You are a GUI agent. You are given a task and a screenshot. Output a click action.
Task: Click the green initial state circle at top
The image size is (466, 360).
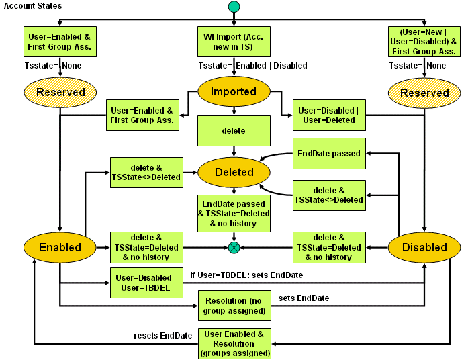[x=234, y=7]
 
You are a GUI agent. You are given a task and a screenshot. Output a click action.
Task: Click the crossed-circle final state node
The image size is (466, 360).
[x=234, y=248]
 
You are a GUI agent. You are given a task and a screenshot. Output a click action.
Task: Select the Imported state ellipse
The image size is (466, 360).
[x=234, y=92]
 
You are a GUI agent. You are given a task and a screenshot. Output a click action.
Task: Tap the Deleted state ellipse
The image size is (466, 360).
[x=234, y=173]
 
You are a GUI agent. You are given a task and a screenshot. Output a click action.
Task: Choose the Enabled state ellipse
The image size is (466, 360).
[x=60, y=247]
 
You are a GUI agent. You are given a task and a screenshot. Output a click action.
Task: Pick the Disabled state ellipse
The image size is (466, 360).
[x=424, y=247]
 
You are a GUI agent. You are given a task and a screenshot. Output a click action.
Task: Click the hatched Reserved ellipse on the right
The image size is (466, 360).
[x=424, y=93]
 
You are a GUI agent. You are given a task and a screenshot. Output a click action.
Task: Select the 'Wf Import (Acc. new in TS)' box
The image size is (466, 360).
[x=234, y=42]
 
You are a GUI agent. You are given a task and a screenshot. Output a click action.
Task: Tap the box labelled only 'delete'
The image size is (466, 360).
[x=234, y=130]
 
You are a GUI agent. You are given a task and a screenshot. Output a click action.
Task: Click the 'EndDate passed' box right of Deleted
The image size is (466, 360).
[x=329, y=154]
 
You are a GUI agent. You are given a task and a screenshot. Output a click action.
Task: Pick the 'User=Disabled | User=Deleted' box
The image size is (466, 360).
[x=329, y=115]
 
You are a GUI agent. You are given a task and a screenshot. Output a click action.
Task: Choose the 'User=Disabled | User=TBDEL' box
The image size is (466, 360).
[x=146, y=283]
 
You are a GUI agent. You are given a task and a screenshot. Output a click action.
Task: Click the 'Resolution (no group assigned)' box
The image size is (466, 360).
[x=234, y=304]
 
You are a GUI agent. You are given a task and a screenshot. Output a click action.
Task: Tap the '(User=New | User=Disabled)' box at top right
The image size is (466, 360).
[x=424, y=42]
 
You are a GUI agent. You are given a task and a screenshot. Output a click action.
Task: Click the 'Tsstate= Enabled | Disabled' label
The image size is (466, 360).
[x=252, y=66]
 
